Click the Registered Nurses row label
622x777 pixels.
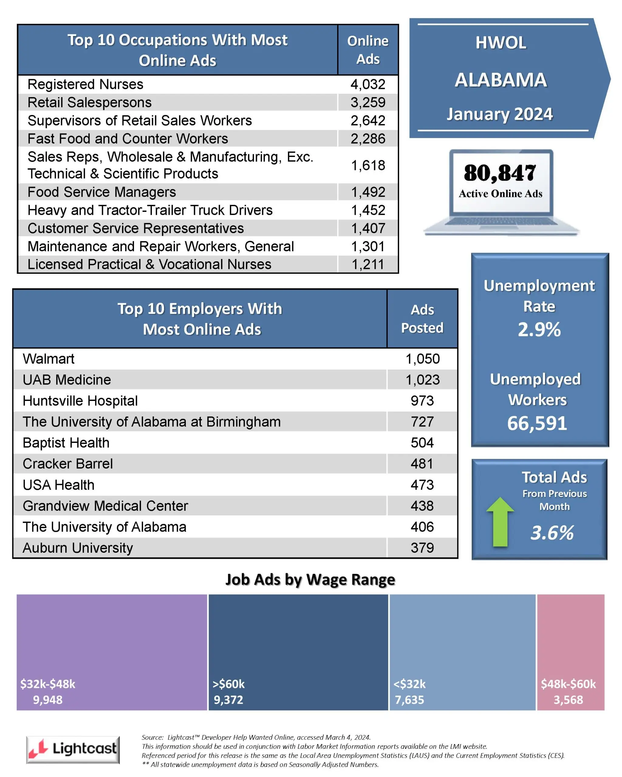pyautogui.click(x=85, y=84)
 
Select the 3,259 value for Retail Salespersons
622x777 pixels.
pyautogui.click(x=368, y=102)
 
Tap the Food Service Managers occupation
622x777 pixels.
pyautogui.click(x=102, y=192)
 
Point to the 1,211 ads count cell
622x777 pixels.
pyautogui.click(x=368, y=265)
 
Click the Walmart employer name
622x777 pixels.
pyautogui.click(x=48, y=359)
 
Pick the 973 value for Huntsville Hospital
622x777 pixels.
pyautogui.click(x=422, y=401)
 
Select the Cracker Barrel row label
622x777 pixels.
pyautogui.click(x=68, y=464)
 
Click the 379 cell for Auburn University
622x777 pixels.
pyautogui.click(x=422, y=548)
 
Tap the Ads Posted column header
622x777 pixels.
pyautogui.click(x=422, y=319)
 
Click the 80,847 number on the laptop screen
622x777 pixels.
pyautogui.click(x=500, y=173)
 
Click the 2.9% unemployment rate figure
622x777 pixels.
pyautogui.click(x=539, y=329)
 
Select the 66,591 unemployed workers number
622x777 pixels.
pyautogui.click(x=537, y=423)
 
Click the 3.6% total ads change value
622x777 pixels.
pyautogui.click(x=552, y=533)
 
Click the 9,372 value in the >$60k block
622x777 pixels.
pyautogui.click(x=228, y=700)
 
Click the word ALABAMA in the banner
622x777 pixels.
pyautogui.click(x=501, y=80)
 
